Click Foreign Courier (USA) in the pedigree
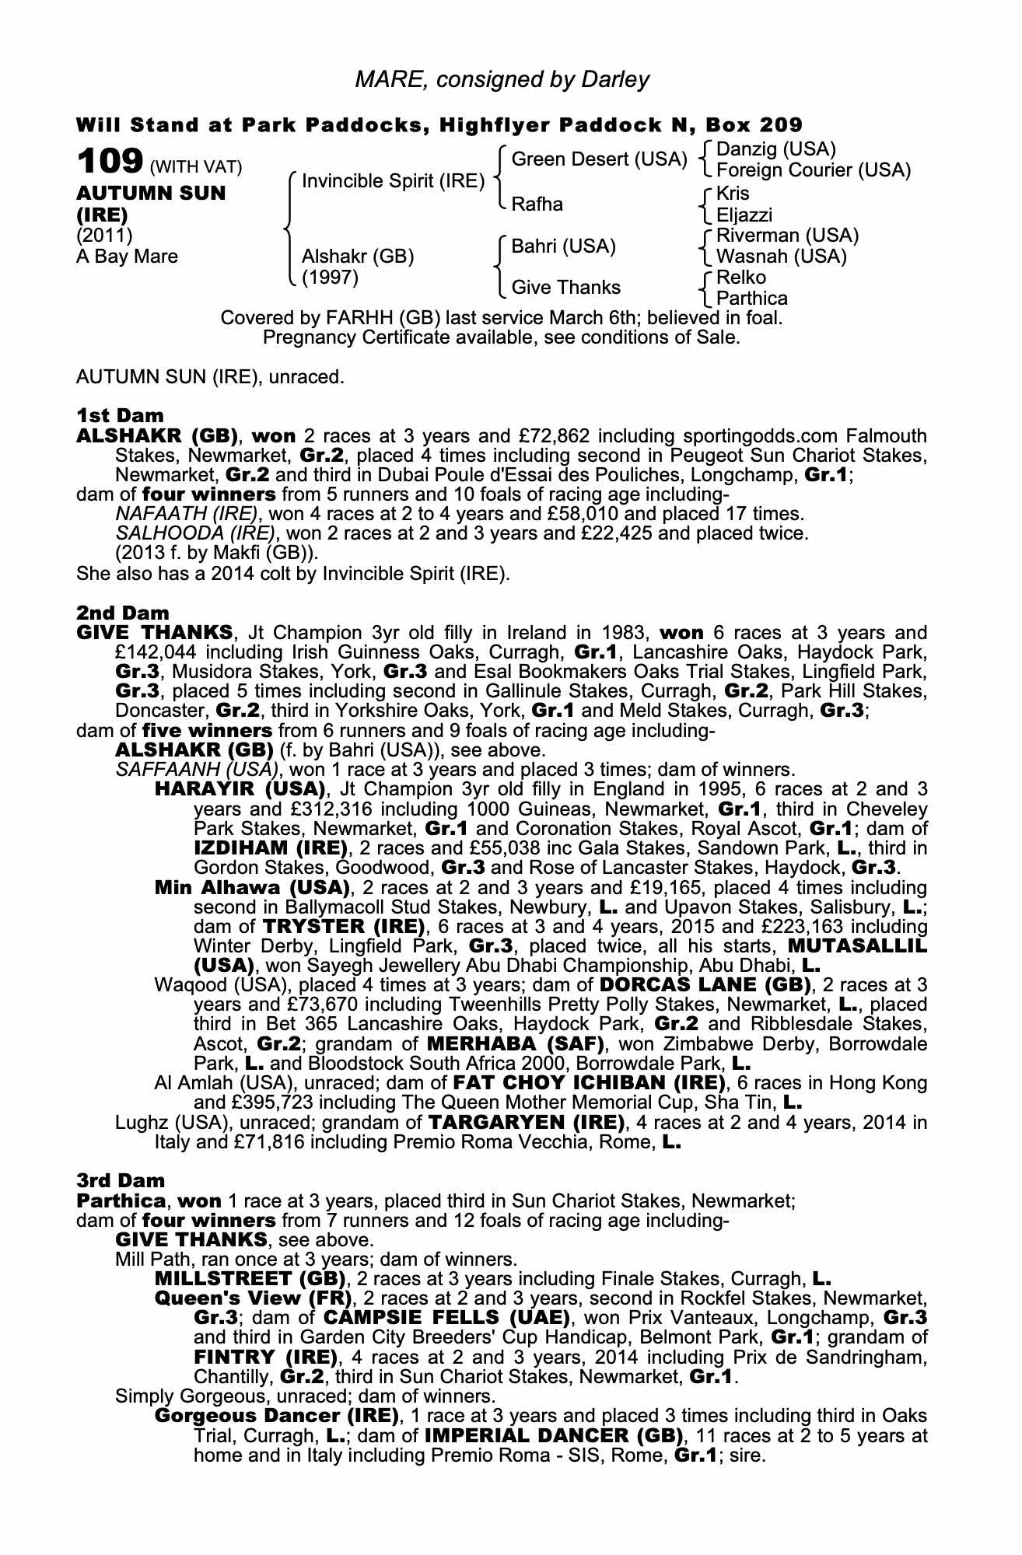813,170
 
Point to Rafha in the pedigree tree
537,204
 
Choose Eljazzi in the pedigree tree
744,215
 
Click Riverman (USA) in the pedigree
787,236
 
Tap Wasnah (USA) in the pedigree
781,257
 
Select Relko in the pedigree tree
741,278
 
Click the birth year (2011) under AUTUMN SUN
104,235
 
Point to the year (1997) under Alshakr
330,278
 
